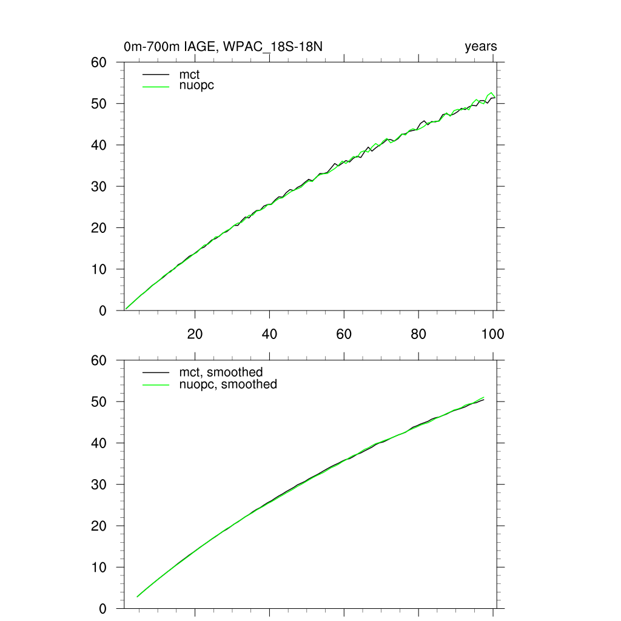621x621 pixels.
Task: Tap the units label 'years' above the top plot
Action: pyautogui.click(x=481, y=47)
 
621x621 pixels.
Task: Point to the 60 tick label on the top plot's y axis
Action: pyautogui.click(x=98, y=62)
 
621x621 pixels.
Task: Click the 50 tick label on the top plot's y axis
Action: pyautogui.click(x=98, y=104)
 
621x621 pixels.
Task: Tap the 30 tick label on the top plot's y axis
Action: pyautogui.click(x=98, y=187)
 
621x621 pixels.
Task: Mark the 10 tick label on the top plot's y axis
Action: pyautogui.click(x=98, y=269)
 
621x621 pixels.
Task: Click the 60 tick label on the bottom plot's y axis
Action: pyautogui.click(x=98, y=360)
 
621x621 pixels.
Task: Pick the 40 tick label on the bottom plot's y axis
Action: pyautogui.click(x=98, y=443)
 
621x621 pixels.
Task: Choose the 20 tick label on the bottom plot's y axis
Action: pyautogui.click(x=98, y=526)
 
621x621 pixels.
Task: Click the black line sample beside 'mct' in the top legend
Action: pyautogui.click(x=155, y=75)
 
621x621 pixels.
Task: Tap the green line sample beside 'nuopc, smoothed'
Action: pyautogui.click(x=155, y=384)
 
